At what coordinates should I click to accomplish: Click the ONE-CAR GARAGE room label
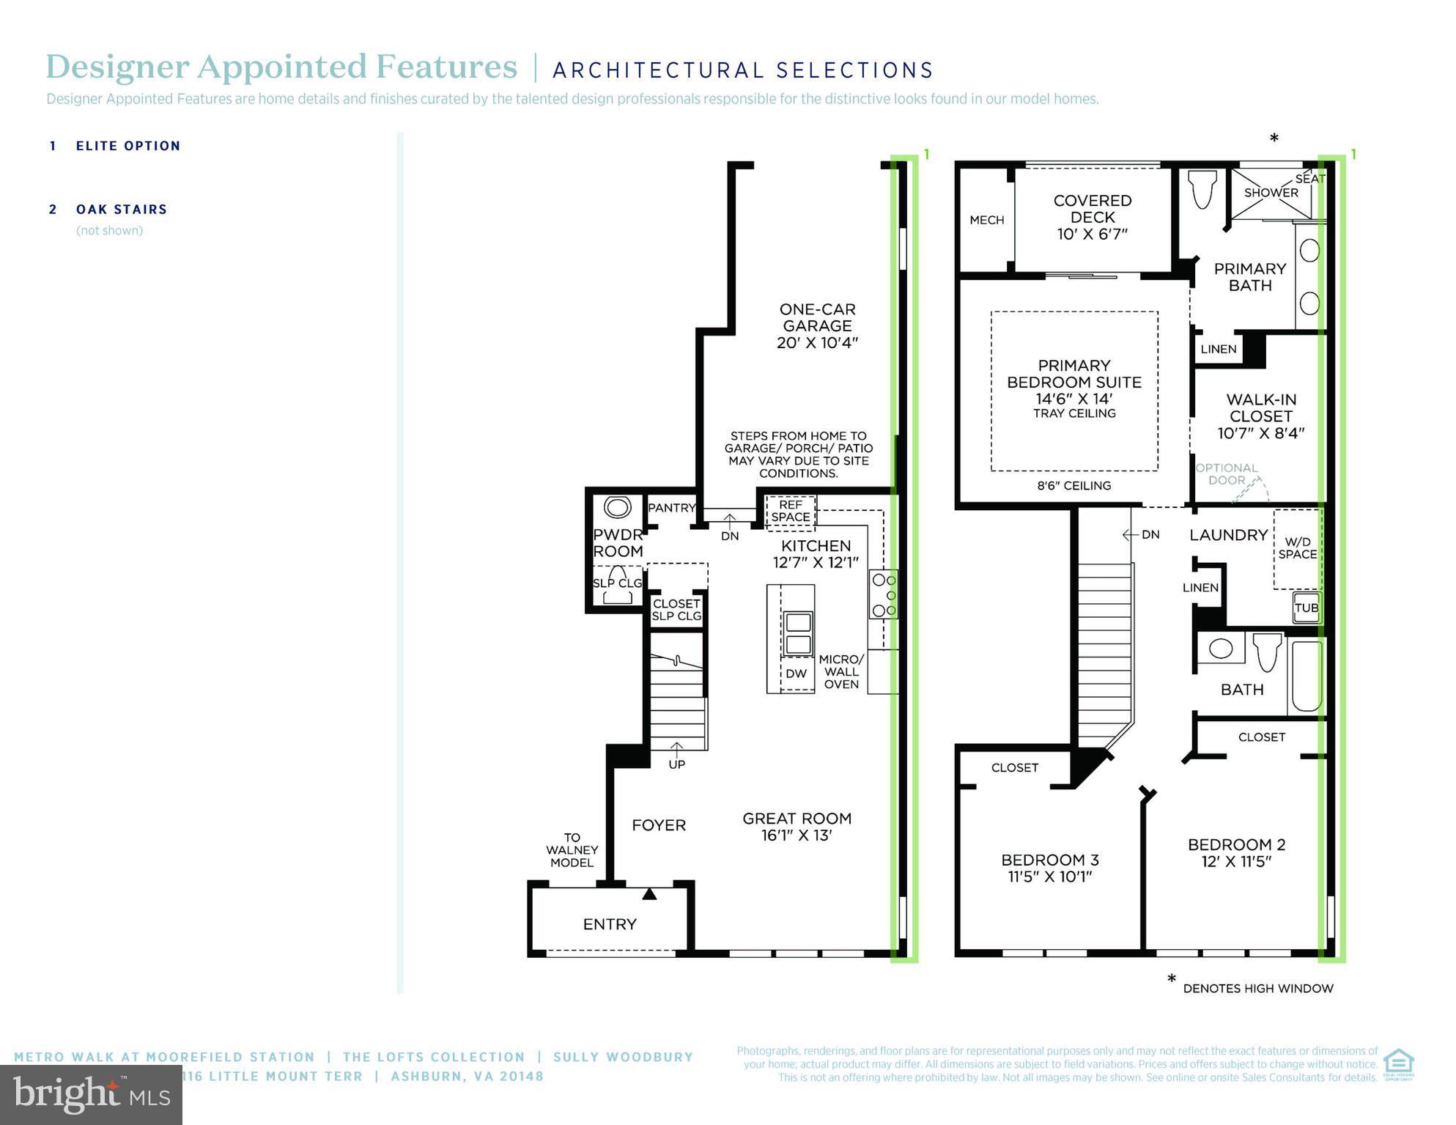(x=817, y=325)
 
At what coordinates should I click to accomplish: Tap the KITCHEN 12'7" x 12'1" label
(x=816, y=553)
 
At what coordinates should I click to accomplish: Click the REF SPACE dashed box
(x=790, y=511)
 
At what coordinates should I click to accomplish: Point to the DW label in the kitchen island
(x=796, y=674)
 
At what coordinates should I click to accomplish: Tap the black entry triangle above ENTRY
(x=649, y=894)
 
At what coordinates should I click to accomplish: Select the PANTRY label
(x=671, y=507)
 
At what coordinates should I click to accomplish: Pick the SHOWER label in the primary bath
(x=1271, y=193)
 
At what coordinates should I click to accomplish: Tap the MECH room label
(x=986, y=220)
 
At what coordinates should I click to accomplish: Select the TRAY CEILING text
(x=1074, y=413)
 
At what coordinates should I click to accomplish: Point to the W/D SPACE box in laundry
(x=1297, y=548)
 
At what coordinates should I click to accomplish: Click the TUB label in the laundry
(x=1306, y=608)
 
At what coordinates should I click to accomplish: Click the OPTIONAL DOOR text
(x=1227, y=474)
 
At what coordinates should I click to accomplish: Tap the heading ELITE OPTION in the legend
(x=128, y=146)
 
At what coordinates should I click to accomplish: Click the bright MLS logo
(x=91, y=1095)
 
